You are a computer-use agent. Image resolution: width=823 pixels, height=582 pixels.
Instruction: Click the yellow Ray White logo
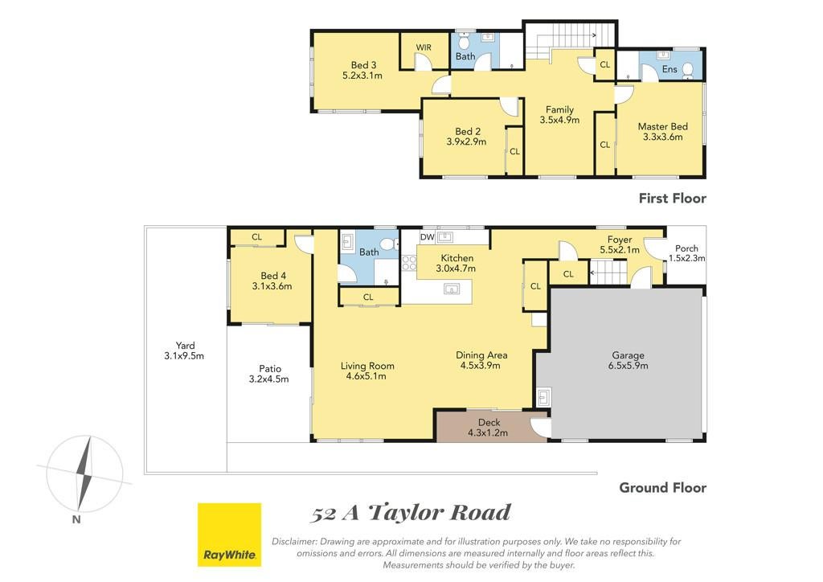229,535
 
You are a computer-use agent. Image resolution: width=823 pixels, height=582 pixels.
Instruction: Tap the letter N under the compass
76,519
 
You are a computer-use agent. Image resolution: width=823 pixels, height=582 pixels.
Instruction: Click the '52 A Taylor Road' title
411,513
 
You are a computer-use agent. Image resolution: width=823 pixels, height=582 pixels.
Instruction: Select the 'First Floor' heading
673,199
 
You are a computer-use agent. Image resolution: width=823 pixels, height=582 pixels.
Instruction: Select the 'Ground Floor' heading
663,487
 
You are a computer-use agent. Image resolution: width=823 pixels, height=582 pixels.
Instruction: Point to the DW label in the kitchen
428,237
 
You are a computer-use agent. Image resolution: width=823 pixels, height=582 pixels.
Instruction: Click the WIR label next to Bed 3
424,47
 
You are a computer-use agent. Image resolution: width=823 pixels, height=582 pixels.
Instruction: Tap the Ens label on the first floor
669,69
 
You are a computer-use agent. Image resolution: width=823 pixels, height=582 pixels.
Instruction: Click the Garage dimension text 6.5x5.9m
629,366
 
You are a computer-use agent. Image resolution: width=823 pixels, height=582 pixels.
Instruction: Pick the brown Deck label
489,423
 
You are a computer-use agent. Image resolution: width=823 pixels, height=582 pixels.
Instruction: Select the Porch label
686,248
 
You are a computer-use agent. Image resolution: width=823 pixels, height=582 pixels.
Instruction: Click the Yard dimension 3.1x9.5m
184,356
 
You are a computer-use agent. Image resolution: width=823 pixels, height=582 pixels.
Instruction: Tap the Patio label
270,369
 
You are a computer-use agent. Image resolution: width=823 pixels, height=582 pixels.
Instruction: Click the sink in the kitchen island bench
452,289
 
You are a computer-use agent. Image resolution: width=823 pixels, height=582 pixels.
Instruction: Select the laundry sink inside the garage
543,397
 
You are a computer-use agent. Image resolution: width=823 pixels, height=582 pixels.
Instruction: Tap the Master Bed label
662,126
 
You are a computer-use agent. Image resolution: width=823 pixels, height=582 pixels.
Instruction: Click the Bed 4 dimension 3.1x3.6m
272,286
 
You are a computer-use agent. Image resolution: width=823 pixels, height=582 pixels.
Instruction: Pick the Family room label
559,109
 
